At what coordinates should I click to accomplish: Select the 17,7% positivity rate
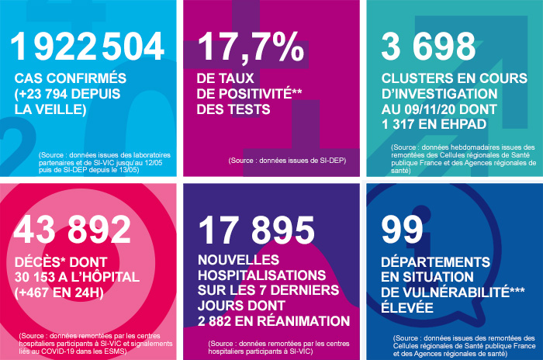(x=251, y=47)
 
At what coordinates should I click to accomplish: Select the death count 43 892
(x=74, y=228)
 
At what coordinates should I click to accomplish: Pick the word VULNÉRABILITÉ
(x=453, y=292)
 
